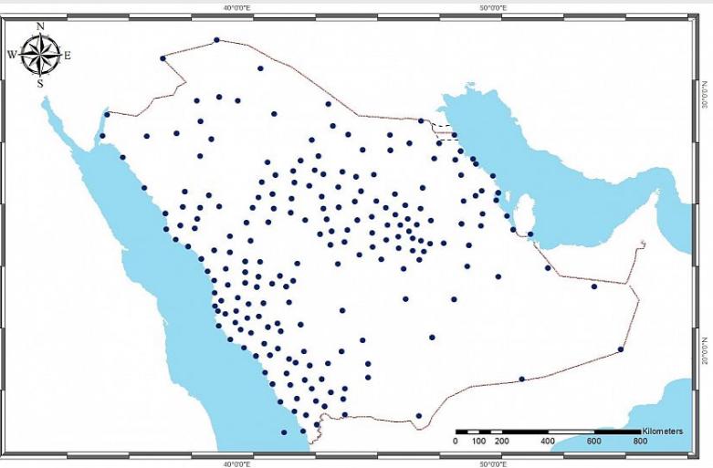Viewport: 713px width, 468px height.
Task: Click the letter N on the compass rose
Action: [x=40, y=26]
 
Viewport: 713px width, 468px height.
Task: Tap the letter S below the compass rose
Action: [x=40, y=83]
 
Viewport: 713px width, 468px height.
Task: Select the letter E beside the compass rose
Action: [x=68, y=55]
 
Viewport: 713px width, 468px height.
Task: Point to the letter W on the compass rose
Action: [x=12, y=55]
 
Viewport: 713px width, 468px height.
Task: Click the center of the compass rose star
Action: [x=40, y=55]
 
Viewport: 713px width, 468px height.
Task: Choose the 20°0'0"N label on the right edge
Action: [x=705, y=347]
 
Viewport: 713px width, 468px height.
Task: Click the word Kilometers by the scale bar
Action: [x=663, y=429]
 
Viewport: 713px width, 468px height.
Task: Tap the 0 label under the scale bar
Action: [x=456, y=442]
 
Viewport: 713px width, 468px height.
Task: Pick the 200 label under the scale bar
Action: [x=501, y=442]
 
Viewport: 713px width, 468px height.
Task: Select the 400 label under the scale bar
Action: [x=548, y=442]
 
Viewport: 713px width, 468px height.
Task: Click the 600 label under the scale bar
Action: [x=594, y=442]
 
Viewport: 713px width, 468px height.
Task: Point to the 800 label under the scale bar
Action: [x=640, y=442]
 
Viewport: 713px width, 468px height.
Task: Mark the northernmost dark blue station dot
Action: [x=216, y=39]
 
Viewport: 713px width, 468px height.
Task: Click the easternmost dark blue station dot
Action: [x=621, y=348]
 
